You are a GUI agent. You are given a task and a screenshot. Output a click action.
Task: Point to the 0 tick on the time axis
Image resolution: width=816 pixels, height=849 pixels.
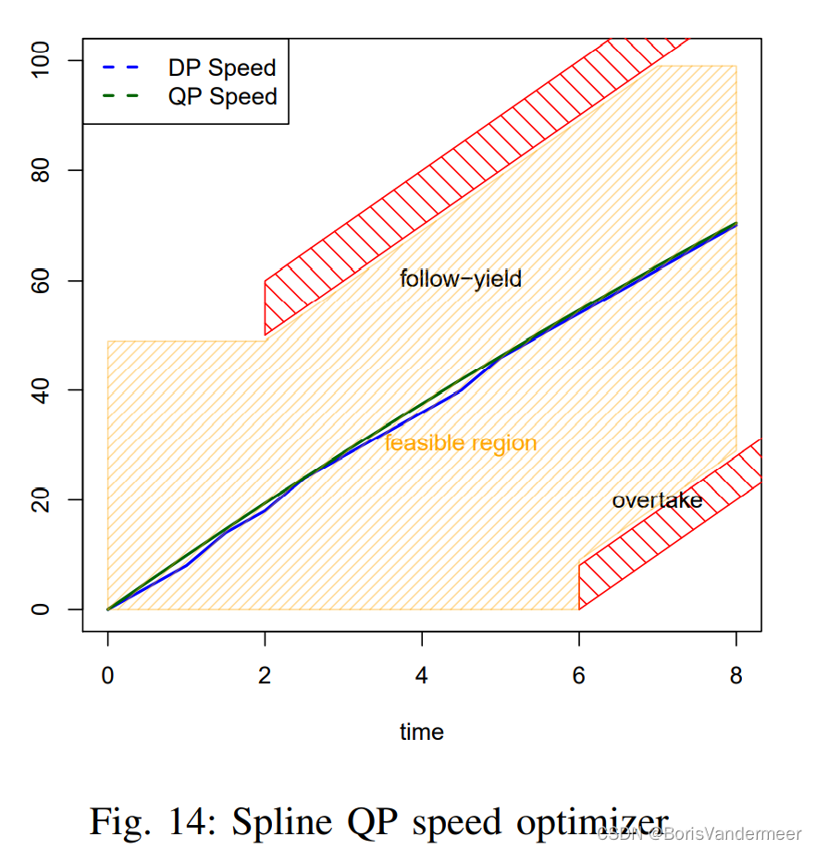[108, 675]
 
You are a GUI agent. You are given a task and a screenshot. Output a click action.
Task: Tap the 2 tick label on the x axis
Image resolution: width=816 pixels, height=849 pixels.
[265, 675]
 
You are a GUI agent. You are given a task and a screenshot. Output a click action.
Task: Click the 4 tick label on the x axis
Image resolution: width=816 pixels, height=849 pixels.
[422, 675]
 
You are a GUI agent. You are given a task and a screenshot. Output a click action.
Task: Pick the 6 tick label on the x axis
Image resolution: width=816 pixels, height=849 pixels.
[579, 675]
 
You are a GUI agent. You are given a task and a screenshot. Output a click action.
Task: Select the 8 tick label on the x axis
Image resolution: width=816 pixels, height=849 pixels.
[736, 675]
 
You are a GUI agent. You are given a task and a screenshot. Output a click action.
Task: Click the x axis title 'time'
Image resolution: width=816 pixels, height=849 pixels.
[422, 732]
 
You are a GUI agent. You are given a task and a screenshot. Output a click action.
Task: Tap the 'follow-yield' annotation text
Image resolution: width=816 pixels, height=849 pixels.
[461, 277]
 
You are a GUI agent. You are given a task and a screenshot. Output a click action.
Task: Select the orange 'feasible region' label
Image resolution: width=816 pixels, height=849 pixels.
[461, 443]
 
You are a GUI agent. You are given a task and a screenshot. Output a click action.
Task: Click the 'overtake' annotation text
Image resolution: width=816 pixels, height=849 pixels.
[657, 500]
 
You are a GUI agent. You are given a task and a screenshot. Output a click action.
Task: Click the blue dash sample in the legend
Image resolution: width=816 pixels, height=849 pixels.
[119, 68]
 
